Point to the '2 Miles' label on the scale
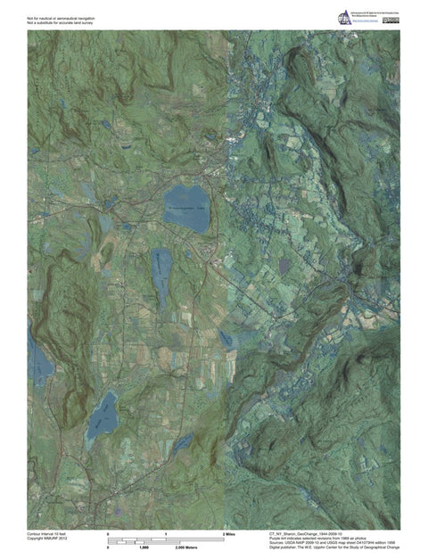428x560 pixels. coord(228,532)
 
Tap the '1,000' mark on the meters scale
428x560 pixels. coord(143,547)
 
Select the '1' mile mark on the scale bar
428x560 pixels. coord(166,532)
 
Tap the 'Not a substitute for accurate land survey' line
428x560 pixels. coord(62,22)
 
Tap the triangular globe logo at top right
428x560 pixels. coord(344,18)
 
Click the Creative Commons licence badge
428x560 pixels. coord(391,19)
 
